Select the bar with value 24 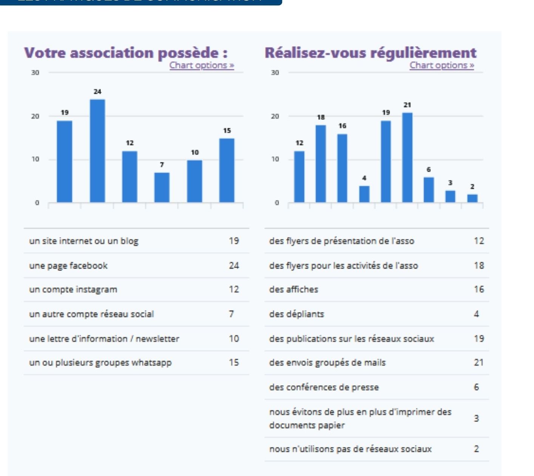coord(97,151)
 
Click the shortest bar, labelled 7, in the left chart coord(162,188)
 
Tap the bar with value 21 coord(407,158)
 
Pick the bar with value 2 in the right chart coord(472,198)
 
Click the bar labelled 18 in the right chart coord(321,164)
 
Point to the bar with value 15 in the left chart coord(227,171)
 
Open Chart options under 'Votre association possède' coord(202,65)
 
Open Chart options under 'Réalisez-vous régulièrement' coord(442,65)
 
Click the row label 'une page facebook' coord(68,265)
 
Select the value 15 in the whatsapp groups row coord(234,362)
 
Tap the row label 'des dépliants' coord(296,314)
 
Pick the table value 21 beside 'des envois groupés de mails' coord(478,362)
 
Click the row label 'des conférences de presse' coord(324,387)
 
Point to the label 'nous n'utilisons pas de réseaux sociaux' coord(350,449)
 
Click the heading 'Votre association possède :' coord(126,53)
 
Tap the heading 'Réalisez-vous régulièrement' coord(370,53)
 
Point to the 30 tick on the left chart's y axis coord(35,73)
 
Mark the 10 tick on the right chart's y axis coord(275,159)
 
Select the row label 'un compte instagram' coord(73,289)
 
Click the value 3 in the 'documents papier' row coord(476,418)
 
